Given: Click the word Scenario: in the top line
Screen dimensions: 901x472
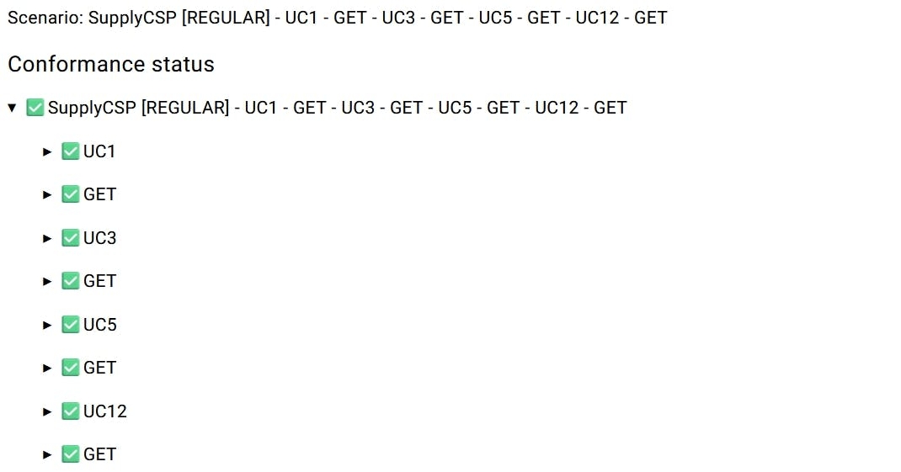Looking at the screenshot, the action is point(45,18).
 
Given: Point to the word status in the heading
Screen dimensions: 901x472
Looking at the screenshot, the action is point(183,64).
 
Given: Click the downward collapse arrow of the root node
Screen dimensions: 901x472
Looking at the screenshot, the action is point(12,108).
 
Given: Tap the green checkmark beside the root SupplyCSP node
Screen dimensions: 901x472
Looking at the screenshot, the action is point(35,108).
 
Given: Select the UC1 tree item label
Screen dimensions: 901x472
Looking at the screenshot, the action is point(99,151).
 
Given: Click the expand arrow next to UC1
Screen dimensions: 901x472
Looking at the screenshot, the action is point(47,151).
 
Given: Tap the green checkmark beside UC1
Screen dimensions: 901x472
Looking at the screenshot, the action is point(70,151).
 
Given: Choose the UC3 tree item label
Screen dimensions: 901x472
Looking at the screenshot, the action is point(100,238).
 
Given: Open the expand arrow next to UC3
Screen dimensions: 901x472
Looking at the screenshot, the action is point(47,238).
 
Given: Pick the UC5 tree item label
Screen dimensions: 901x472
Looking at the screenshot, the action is point(100,325).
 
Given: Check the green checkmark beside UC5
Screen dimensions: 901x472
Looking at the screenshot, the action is point(70,325).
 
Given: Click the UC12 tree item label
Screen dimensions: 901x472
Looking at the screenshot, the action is point(105,411).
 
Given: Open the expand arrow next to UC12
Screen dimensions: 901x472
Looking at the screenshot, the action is point(47,411).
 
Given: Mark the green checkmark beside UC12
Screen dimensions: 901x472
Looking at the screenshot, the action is point(70,411).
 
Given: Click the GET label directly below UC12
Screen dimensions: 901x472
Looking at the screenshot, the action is point(100,454).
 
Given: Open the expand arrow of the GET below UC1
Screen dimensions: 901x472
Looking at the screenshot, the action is point(47,195).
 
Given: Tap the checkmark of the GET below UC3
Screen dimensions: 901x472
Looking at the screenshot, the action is point(70,281).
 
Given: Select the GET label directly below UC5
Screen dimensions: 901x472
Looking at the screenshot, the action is point(100,368).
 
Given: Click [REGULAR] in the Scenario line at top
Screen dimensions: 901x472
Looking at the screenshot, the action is point(226,18).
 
